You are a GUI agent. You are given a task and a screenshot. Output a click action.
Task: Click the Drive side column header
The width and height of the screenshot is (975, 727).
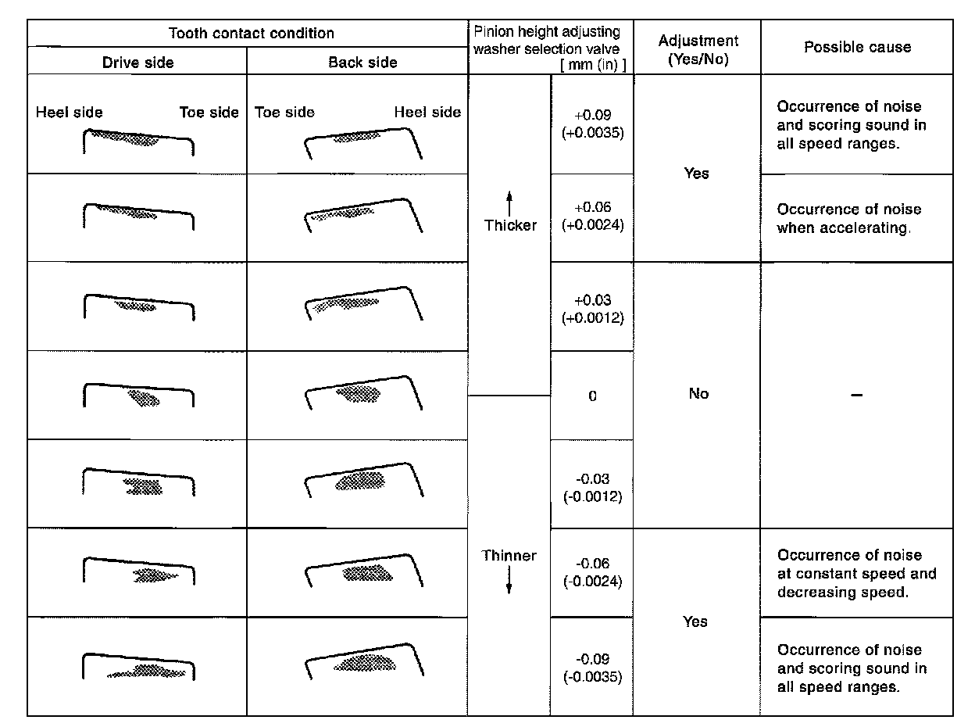coord(137,62)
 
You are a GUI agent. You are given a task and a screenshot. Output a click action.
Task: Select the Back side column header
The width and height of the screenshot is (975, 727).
coord(362,62)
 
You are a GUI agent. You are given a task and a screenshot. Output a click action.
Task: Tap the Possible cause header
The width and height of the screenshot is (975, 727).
coord(857,47)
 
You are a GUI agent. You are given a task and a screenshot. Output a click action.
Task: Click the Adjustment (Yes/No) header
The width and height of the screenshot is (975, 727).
coord(698,49)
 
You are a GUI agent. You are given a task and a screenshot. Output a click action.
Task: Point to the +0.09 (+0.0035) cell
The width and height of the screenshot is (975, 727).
coord(592,124)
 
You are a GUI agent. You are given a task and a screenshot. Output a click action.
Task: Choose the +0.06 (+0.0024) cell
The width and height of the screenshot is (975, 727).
coord(592,217)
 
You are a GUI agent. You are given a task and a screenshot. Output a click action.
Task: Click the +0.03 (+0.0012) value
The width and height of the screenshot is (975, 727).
coord(592,310)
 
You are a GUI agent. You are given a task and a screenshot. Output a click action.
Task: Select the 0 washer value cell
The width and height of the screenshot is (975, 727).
coord(592,396)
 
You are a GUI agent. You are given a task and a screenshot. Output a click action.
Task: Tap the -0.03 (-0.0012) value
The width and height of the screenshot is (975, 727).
coord(592,488)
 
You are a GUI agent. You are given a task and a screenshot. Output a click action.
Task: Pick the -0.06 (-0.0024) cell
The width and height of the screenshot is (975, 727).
coord(592,572)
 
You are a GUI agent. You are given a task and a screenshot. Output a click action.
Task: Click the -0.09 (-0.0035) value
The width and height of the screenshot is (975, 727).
coord(592,668)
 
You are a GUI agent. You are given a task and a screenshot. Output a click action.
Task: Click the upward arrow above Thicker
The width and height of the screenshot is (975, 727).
coord(509,204)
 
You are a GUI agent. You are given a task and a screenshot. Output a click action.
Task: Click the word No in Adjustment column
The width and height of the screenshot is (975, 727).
coord(698,394)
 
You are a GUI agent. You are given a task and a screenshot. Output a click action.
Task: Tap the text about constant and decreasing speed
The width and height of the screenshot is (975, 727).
coord(856,574)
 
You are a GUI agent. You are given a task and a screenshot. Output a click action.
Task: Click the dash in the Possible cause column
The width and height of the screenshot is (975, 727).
coord(857,396)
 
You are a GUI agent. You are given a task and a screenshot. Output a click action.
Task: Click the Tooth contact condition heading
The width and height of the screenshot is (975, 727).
coord(252,34)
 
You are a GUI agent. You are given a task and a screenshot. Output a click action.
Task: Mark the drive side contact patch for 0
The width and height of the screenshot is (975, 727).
coord(144,399)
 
